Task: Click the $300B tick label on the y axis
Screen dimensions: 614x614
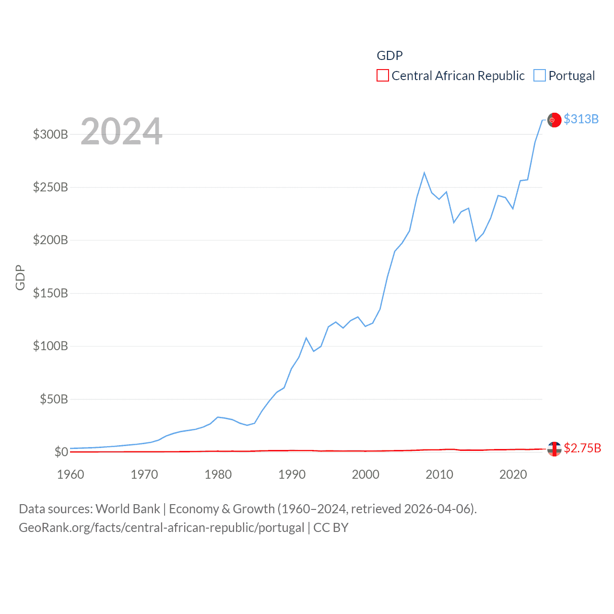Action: [x=50, y=134]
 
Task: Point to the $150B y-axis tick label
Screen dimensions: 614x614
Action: [x=50, y=293]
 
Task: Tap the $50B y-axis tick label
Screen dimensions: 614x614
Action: [x=54, y=399]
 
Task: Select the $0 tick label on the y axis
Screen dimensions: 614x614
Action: [x=61, y=452]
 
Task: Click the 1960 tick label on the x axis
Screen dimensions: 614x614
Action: [x=71, y=474]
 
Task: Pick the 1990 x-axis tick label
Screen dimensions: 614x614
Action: [x=292, y=474]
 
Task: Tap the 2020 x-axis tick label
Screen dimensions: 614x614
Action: [x=513, y=474]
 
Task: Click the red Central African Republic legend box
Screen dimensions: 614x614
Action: [x=383, y=76]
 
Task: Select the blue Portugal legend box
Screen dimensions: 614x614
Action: [x=540, y=76]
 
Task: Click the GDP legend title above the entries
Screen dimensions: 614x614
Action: [x=390, y=56]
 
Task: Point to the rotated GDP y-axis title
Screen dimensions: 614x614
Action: [x=20, y=277]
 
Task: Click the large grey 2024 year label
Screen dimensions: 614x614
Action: [x=121, y=131]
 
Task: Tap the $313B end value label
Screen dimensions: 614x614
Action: [x=581, y=119]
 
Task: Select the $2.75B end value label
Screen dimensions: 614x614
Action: [x=582, y=448]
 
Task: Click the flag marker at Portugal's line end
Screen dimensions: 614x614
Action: [x=554, y=120]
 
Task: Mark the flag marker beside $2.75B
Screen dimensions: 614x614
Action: [x=554, y=449]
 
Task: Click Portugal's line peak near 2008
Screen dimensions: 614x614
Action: [x=425, y=173]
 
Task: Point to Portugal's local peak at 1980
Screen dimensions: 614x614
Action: [x=218, y=417]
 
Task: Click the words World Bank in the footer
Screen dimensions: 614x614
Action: [x=128, y=509]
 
